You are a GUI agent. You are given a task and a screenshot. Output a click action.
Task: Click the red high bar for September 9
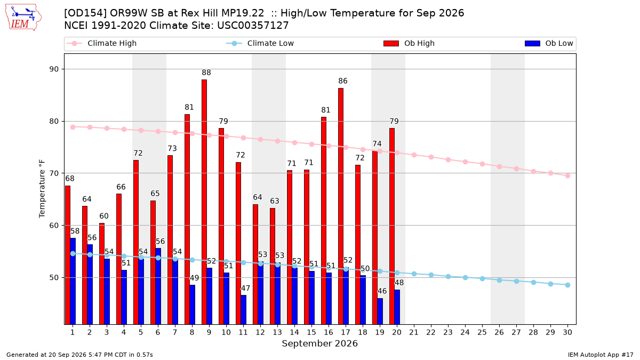click(x=204, y=202)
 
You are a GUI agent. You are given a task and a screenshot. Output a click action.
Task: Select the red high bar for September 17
click(x=341, y=206)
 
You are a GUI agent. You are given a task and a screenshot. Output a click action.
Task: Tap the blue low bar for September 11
click(x=243, y=310)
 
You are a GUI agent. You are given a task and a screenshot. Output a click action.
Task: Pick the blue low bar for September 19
click(x=380, y=311)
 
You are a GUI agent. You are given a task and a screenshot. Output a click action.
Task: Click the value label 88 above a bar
click(x=206, y=73)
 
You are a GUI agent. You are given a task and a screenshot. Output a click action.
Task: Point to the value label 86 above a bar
click(x=343, y=81)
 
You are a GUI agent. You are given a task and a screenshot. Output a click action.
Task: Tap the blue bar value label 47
click(x=245, y=289)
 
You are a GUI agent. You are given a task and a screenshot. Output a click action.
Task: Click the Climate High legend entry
click(x=102, y=43)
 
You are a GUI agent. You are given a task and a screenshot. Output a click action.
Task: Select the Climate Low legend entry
click(x=260, y=43)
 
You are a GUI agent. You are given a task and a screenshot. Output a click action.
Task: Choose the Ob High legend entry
click(x=409, y=43)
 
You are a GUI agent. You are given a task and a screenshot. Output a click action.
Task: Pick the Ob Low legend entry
click(x=549, y=43)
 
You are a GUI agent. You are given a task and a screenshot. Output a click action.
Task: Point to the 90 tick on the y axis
click(x=54, y=69)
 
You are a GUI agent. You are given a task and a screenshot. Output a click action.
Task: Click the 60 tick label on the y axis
click(x=54, y=226)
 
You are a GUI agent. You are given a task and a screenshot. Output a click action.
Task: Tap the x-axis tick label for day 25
click(x=482, y=332)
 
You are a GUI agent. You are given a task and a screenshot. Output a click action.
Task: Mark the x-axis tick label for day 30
click(x=567, y=332)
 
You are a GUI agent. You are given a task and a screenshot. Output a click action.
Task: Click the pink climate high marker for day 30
click(x=567, y=175)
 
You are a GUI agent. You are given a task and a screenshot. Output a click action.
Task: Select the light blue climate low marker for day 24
click(x=465, y=277)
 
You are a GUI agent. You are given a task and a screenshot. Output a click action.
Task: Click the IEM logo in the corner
click(x=23, y=18)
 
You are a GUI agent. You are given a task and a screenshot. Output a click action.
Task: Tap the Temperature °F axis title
click(x=42, y=189)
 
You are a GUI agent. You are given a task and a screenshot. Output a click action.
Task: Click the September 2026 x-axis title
click(x=319, y=343)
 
